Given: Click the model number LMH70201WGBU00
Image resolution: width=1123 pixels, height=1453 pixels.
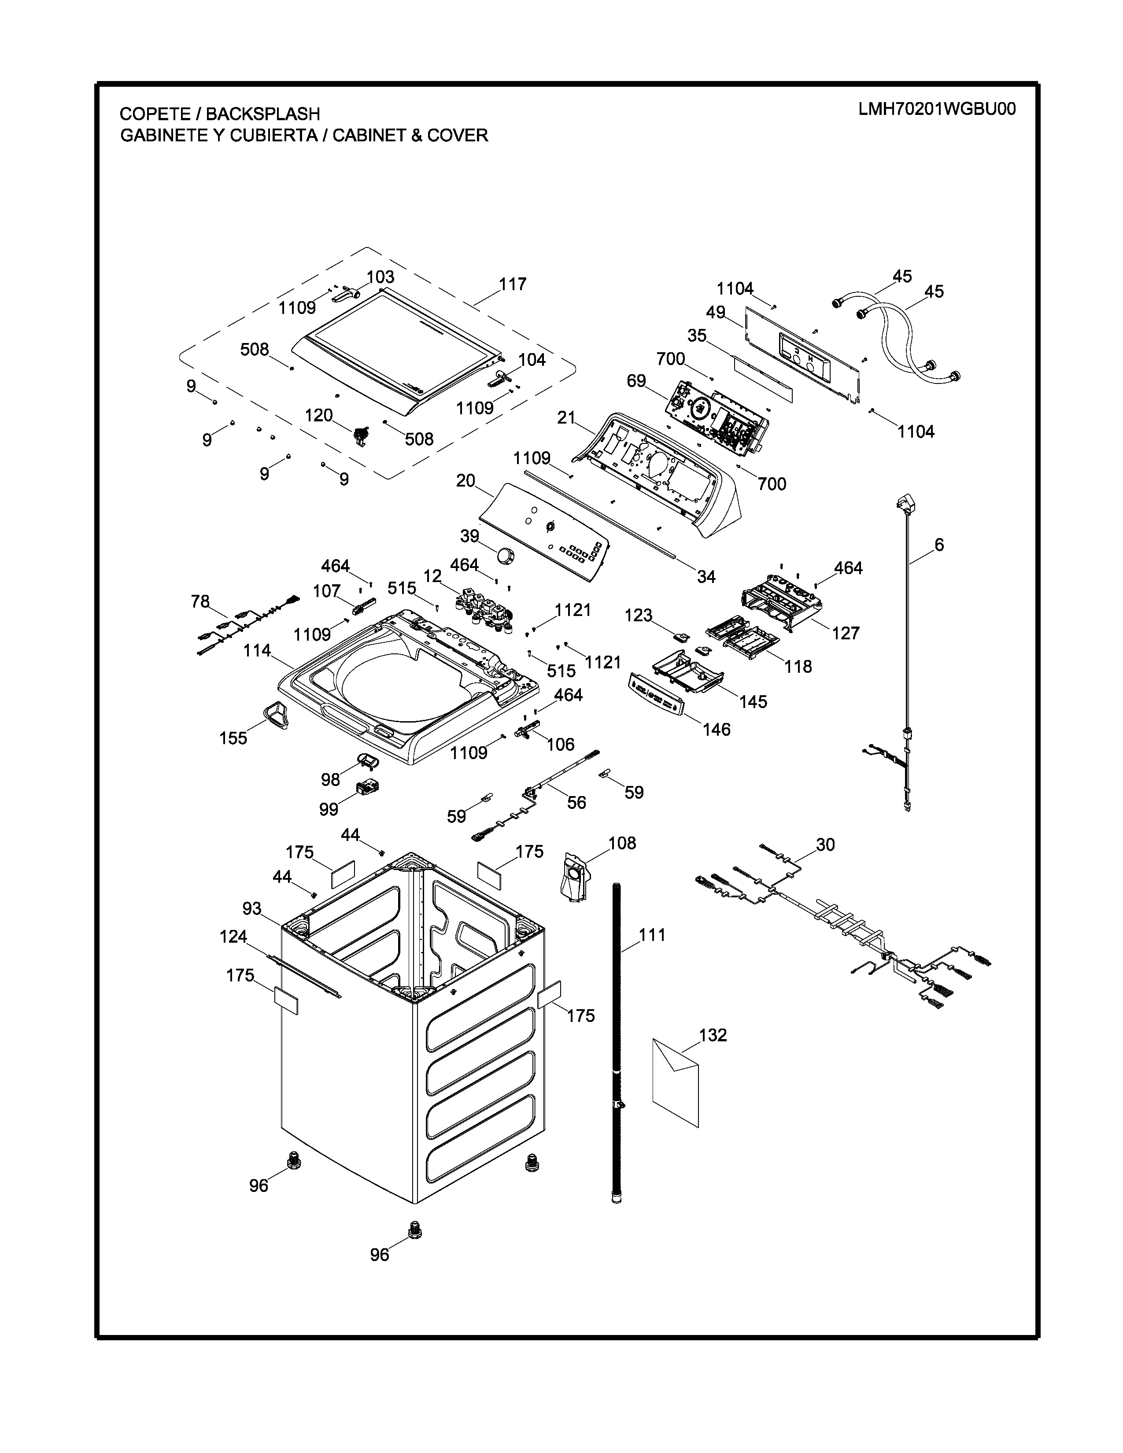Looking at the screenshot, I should tap(937, 110).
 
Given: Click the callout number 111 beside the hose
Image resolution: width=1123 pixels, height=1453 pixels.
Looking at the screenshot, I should tap(652, 935).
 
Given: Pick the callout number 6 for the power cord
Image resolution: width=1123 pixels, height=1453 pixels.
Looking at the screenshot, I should tap(939, 545).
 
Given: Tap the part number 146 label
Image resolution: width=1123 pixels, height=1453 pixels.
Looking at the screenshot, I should tap(716, 730).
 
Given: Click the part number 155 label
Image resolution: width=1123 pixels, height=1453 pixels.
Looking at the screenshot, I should tap(233, 738).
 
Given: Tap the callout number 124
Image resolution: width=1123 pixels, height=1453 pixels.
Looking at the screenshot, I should tap(233, 937).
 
